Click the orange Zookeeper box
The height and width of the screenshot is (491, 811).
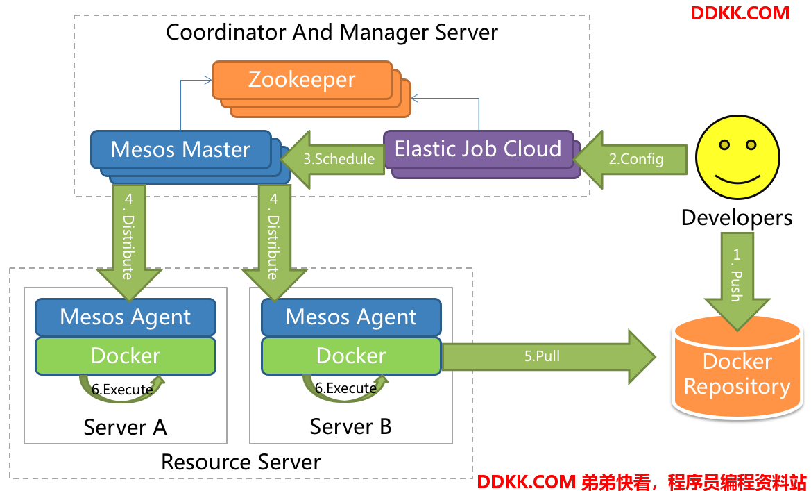[x=302, y=80]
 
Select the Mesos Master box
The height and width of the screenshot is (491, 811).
[x=180, y=149]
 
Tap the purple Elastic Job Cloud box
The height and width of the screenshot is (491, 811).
[x=478, y=149]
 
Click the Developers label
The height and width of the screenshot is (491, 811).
[x=736, y=217]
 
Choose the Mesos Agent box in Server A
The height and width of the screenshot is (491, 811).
[x=126, y=317]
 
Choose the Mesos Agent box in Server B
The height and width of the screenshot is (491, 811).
[x=351, y=317]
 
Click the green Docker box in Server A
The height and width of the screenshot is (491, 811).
[x=126, y=356]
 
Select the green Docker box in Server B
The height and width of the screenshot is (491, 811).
[x=351, y=356]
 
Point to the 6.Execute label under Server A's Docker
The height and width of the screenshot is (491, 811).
[x=122, y=390]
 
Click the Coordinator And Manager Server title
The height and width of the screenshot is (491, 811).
[x=332, y=32]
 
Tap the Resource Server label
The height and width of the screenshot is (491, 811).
[x=241, y=462]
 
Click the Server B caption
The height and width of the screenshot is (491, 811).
[x=350, y=426]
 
